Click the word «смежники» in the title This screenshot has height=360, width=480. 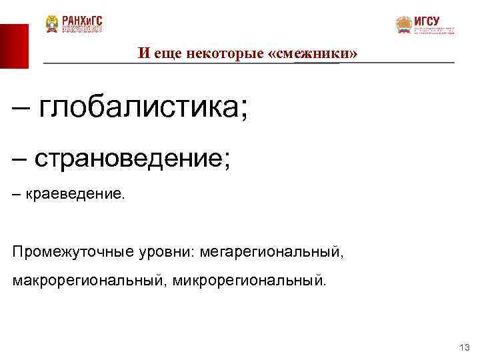[x=316, y=53]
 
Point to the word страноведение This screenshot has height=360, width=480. [x=132, y=159]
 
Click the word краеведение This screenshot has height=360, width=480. [x=75, y=196]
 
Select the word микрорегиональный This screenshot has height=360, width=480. [x=250, y=279]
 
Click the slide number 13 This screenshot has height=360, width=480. [x=465, y=347]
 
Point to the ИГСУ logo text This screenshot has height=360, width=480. [x=427, y=20]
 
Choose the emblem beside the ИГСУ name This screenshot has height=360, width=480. [x=404, y=25]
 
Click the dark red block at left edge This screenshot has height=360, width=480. [x=14, y=46]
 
